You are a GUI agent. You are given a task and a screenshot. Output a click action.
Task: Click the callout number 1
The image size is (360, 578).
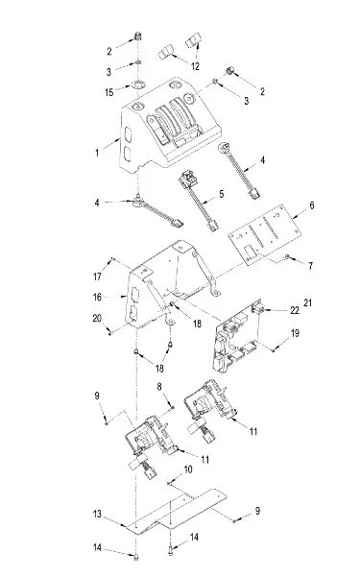(x=97, y=153)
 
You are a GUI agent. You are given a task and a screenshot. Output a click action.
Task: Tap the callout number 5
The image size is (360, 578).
(x=222, y=194)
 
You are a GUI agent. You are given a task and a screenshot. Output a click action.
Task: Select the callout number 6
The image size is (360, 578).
(x=312, y=205)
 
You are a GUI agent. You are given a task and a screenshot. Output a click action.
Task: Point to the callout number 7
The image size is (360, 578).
(x=310, y=266)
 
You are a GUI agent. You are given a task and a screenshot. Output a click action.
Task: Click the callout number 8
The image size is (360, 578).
(x=159, y=386)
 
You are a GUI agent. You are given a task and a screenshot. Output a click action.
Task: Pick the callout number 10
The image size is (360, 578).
(x=188, y=470)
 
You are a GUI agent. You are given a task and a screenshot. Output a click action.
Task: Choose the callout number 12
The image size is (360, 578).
(x=195, y=66)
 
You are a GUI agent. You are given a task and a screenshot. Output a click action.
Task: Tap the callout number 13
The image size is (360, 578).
(x=97, y=514)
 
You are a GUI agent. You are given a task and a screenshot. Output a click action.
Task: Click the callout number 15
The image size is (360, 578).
(x=109, y=92)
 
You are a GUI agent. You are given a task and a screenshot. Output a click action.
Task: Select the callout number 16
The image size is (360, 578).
(x=97, y=297)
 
